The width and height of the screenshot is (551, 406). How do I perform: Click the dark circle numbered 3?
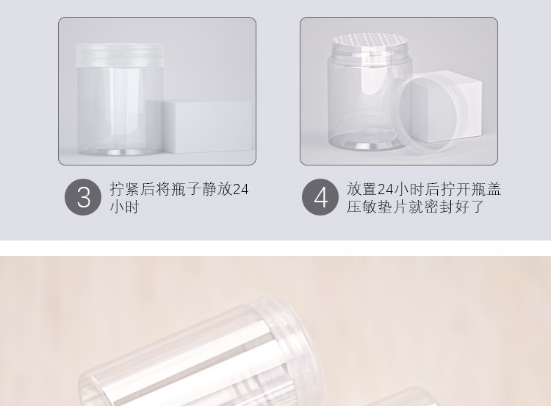tap(84, 197)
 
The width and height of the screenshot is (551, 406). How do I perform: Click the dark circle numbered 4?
tap(320, 197)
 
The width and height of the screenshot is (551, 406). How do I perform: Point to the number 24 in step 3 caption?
tap(240, 189)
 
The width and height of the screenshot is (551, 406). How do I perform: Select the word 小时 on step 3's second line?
tap(125, 207)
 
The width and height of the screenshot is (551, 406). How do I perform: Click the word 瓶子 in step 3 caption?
tap(187, 189)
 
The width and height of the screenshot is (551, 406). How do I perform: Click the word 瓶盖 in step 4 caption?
tap(486, 189)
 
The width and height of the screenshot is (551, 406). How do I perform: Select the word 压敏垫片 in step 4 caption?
tap(378, 207)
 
